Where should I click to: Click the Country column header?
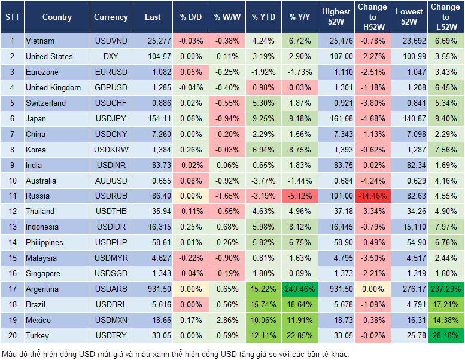click(57, 17)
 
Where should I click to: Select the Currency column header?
click(111, 17)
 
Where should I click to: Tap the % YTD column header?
click(263, 17)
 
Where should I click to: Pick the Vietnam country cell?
click(40, 41)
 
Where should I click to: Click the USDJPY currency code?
click(111, 118)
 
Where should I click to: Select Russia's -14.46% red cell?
click(372, 196)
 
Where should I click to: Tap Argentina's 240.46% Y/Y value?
click(301, 289)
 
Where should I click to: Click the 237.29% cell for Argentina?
click(445, 289)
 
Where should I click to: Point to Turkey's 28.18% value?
click(445, 335)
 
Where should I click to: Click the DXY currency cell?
click(111, 56)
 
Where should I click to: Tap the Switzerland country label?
click(45, 103)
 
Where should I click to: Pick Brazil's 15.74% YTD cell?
click(263, 304)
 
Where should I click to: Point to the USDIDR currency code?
click(111, 227)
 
